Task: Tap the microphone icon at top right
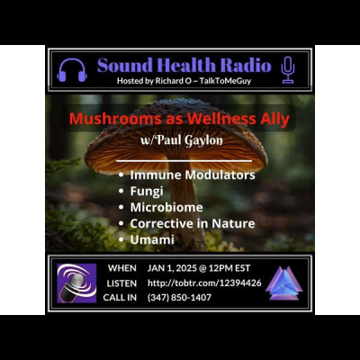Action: pyautogui.click(x=288, y=69)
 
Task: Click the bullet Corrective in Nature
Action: pyautogui.click(x=192, y=223)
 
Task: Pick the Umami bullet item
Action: pyautogui.click(x=151, y=239)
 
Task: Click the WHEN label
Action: pyautogui.click(x=121, y=268)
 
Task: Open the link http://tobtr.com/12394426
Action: pyautogui.click(x=204, y=283)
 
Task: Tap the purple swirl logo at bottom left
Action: pyautogui.click(x=76, y=283)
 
